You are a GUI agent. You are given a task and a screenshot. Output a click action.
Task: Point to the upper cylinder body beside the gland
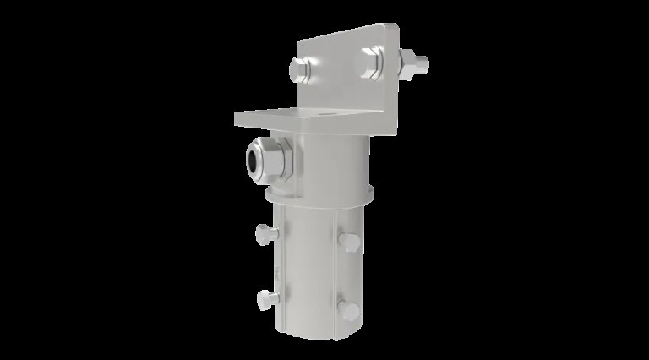coord(334,161)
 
